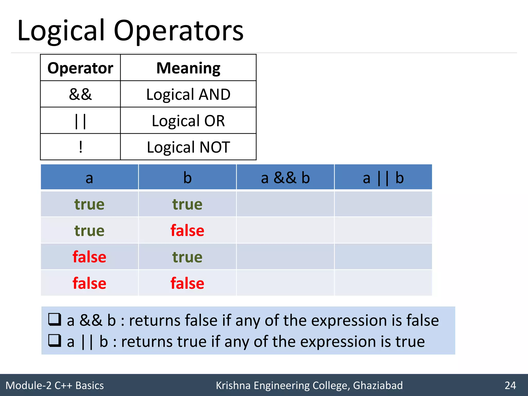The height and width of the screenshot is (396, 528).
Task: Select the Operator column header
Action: pos(80,68)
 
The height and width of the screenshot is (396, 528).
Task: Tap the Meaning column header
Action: pos(188,68)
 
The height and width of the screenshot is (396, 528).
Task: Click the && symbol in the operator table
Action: pos(80,94)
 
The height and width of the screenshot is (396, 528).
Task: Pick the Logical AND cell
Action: pos(188,94)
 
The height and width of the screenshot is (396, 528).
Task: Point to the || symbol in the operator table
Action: pos(80,121)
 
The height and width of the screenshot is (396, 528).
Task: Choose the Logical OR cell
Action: pos(188,121)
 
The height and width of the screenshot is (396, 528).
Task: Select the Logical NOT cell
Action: pos(188,147)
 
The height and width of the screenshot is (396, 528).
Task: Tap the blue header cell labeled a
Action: pos(89,178)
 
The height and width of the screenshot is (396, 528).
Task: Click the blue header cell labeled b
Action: pos(187,178)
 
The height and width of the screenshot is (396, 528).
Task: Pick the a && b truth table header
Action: pos(285,178)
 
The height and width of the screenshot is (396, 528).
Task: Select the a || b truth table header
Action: pos(383,178)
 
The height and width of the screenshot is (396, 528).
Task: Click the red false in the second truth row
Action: pos(187,230)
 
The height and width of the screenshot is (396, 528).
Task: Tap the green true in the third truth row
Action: pos(187,257)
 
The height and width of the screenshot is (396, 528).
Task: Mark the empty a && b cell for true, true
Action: pos(285,204)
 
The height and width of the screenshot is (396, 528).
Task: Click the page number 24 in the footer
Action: pos(510,385)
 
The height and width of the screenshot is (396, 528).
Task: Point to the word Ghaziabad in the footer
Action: pos(378,385)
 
